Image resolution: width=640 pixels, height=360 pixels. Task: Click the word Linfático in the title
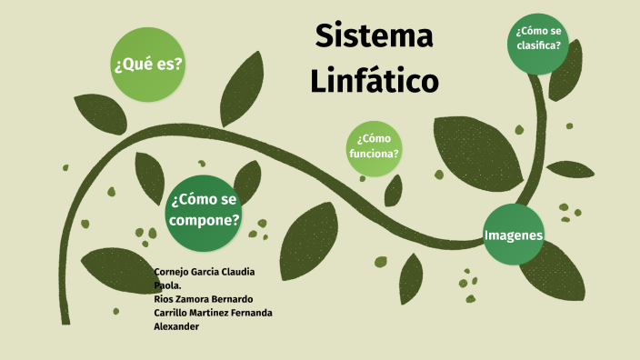pos(374,80)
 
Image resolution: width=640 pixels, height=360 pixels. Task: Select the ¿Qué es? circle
pos(147,65)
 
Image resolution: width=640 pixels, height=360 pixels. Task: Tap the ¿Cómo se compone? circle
pos(205,211)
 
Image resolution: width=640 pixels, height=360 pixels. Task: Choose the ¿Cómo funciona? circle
pos(374,146)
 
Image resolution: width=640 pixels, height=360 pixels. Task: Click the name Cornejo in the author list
pos(173,272)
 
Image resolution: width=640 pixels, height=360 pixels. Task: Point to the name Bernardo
pos(229,299)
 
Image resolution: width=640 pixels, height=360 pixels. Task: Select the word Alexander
pos(176,326)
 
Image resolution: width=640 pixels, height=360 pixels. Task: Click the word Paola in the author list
pos(170,285)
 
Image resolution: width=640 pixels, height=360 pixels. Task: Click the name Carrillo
pos(175,313)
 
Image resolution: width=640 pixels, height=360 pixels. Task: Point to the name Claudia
pos(235,272)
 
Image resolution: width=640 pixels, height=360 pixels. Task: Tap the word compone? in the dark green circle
pos(205,220)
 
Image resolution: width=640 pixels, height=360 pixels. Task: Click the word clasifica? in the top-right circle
pos(538,45)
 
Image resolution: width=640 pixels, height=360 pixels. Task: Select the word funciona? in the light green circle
pos(374,154)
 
